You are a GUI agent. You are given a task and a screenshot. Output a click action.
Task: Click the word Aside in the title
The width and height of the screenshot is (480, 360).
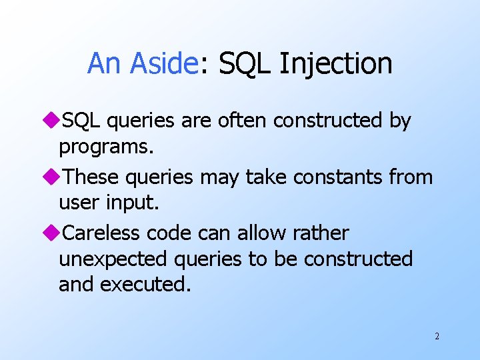click(163, 64)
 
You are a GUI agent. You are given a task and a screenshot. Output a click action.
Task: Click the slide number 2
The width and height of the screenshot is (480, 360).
click(437, 336)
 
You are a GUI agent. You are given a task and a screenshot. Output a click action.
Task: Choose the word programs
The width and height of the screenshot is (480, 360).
click(106, 147)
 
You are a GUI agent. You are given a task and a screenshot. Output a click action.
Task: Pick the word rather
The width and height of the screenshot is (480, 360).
click(319, 233)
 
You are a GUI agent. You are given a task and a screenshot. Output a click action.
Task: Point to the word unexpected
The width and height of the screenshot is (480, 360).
click(111, 259)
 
